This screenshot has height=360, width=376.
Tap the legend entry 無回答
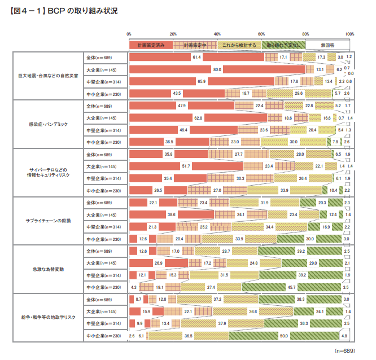pos(327,45)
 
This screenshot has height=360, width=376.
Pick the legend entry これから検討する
pos(239,45)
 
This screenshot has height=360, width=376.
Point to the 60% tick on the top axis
pos(262,34)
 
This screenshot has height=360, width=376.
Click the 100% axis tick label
pos(349,34)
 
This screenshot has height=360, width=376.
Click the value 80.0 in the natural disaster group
pos(217,69)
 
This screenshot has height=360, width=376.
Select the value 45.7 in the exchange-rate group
pos(292,288)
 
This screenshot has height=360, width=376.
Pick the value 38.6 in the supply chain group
pos(171,215)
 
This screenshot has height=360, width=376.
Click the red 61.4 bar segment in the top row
pos(169,57)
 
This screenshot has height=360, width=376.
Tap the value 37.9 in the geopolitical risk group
pos(222,324)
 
